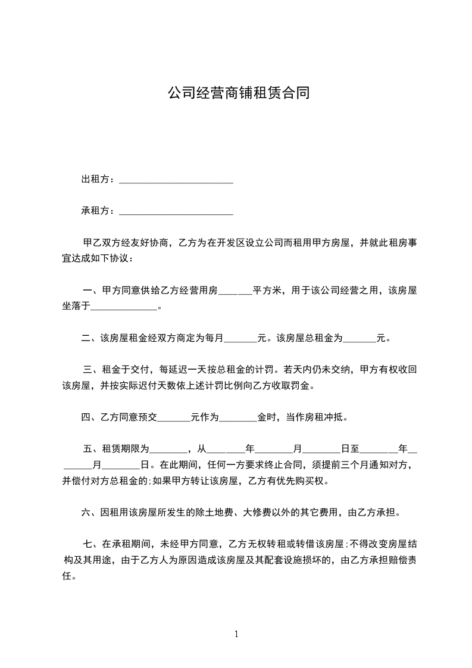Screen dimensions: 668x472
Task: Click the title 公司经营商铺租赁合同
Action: (x=237, y=94)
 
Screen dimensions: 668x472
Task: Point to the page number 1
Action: (x=236, y=634)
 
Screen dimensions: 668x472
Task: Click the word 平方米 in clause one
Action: (x=267, y=291)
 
